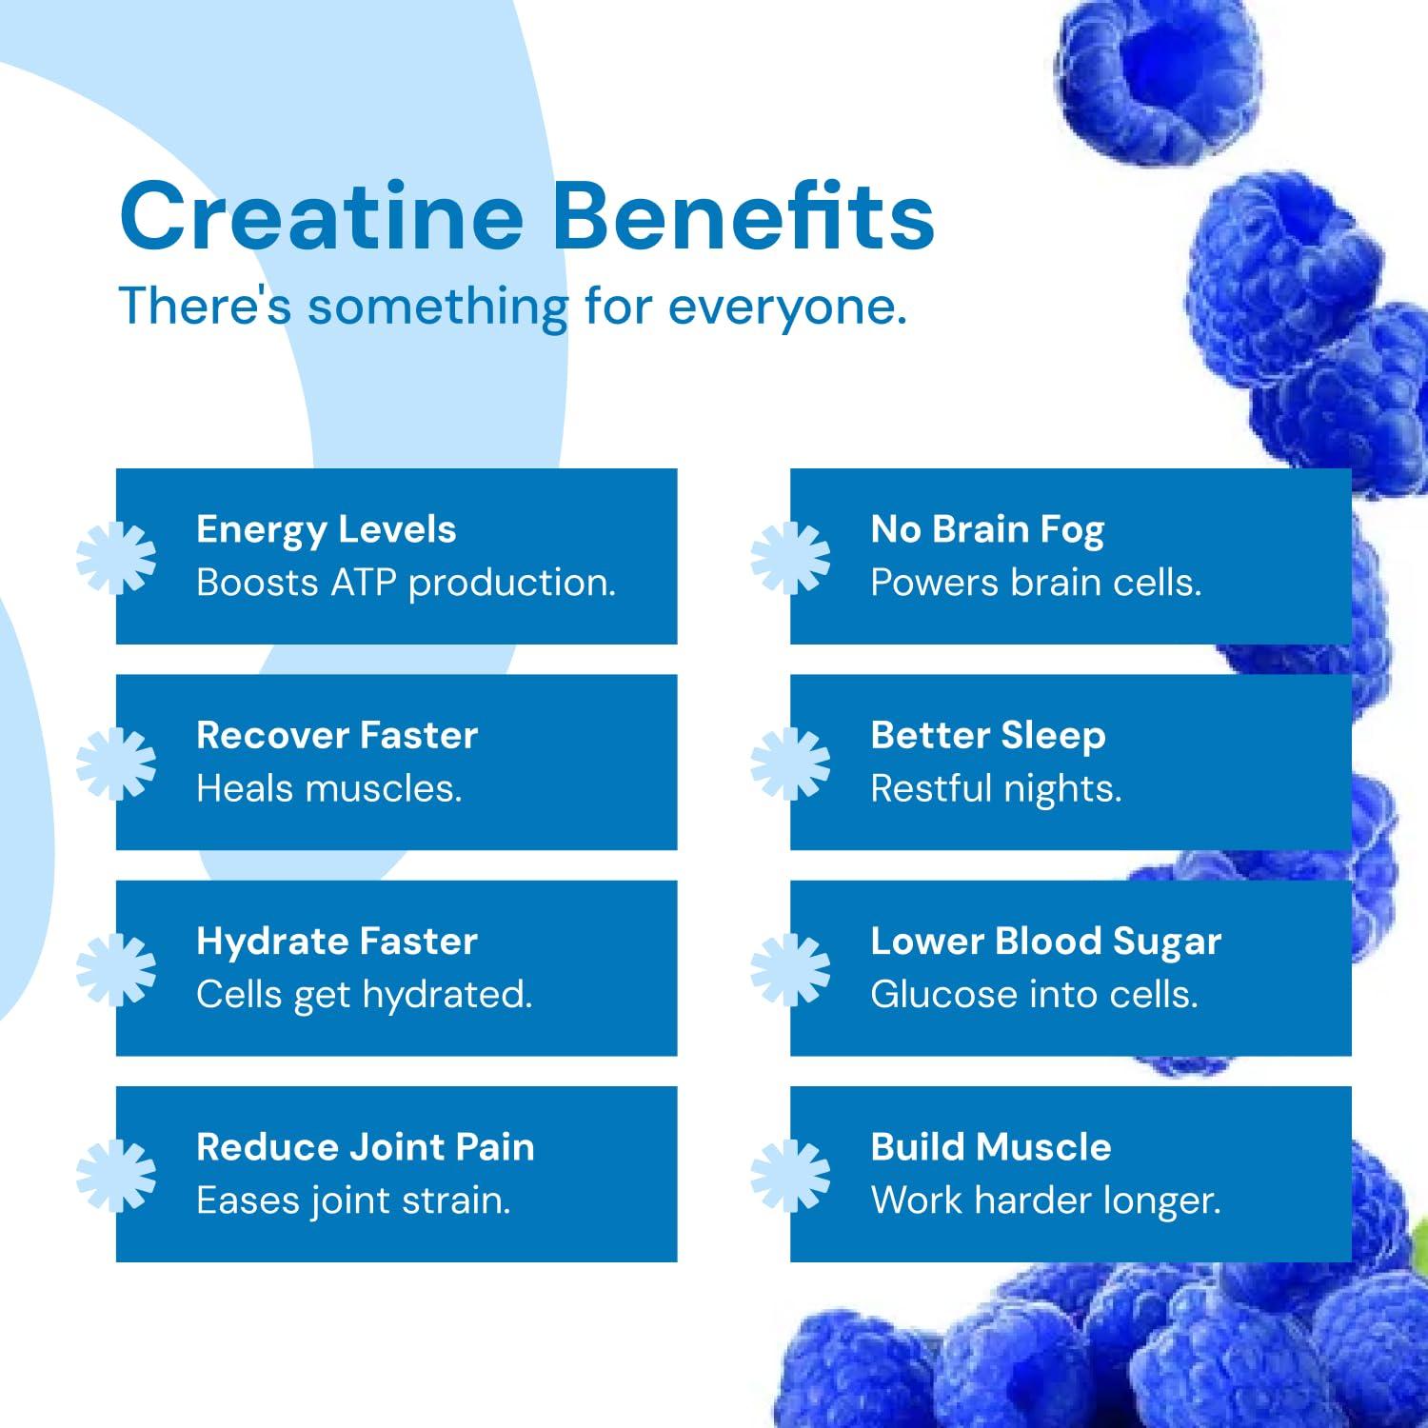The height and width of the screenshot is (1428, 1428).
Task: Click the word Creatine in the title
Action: pos(322,216)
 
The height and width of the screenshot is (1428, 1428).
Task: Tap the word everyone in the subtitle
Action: pos(787,307)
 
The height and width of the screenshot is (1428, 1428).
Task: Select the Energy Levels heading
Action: pos(326,530)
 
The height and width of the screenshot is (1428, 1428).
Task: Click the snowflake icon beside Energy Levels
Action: pos(116,557)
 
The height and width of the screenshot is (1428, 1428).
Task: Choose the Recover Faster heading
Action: pos(337,735)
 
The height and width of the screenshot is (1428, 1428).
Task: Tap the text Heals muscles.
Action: pos(328,788)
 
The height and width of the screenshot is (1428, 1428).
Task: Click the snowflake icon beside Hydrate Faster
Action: pos(116,969)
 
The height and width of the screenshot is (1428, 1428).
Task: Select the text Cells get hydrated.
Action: pos(364,995)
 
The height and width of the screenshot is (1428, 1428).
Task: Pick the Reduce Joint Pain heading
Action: pos(365,1147)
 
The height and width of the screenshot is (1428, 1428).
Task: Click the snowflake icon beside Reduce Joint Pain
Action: pos(116,1176)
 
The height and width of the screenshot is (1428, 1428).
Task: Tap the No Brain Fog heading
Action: pos(987,530)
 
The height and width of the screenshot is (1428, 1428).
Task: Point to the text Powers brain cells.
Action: pos(1036,583)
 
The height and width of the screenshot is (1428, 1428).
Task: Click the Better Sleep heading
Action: pos(988,735)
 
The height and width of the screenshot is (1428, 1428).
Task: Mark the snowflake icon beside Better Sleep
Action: pos(790,763)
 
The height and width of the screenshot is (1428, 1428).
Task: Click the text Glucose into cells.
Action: pos(1034,995)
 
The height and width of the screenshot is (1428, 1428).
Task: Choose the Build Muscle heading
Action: pos(990,1147)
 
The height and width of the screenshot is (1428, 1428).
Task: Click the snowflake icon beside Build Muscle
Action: pos(790,1176)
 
